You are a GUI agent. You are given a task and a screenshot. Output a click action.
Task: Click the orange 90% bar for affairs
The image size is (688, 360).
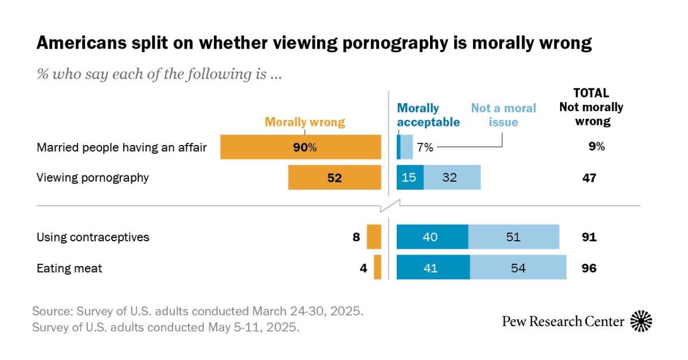coord(301,147)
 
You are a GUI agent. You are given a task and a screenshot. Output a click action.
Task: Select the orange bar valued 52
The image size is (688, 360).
coord(335,178)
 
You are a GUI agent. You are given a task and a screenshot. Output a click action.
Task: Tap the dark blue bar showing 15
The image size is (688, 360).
coord(410,178)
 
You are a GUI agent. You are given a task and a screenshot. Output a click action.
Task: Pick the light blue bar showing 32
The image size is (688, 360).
coord(452,178)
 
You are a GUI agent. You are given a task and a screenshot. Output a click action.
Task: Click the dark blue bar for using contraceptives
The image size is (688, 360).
coord(432,237)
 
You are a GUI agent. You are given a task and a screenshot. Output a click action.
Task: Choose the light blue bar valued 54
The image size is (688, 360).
coord(518,268)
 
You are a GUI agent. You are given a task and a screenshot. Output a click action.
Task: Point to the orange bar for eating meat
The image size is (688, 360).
coord(377,268)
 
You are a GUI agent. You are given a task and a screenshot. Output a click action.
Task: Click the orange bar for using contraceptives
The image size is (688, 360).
coord(374,237)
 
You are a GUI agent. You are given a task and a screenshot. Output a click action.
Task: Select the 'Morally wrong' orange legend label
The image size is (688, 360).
coord(304,122)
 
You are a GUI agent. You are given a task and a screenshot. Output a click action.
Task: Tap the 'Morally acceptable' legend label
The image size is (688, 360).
coord(428,115)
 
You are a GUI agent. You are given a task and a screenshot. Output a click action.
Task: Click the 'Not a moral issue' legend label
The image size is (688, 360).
coord(503,115)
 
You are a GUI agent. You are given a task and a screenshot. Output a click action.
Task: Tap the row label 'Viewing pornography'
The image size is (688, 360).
coord(93,178)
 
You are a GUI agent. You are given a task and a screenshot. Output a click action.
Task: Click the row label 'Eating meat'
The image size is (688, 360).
coord(69,268)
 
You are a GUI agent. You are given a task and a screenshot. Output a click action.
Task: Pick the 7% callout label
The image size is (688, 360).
coord(425,147)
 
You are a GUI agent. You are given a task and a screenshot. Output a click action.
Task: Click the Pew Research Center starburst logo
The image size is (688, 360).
coord(641,320)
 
